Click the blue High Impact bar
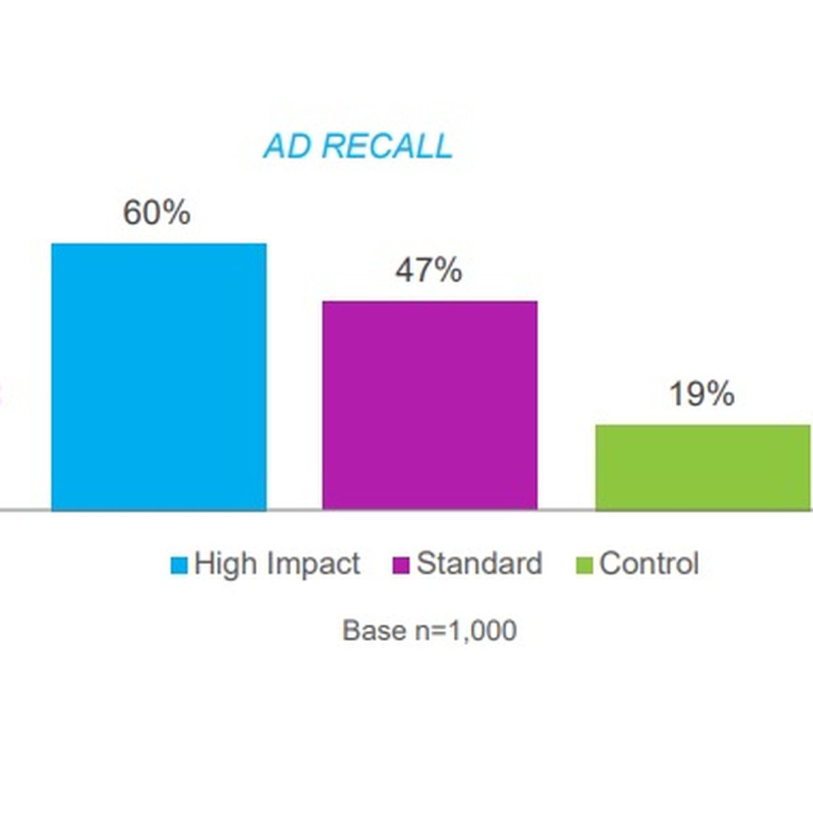click(159, 377)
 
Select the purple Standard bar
click(430, 405)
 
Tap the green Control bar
click(703, 467)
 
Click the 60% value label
click(157, 213)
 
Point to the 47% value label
click(428, 270)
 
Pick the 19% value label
click(702, 394)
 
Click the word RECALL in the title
click(387, 146)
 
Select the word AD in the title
click(288, 146)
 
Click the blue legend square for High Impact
click(179, 565)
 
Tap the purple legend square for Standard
click(401, 565)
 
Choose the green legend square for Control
click(585, 565)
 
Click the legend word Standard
click(479, 563)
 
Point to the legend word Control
click(649, 563)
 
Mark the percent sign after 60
click(175, 213)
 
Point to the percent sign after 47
click(446, 270)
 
